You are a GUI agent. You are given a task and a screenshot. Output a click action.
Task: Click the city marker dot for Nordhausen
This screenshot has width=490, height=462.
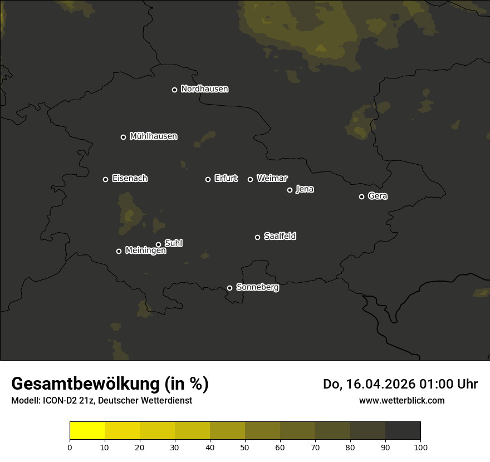click(x=174, y=90)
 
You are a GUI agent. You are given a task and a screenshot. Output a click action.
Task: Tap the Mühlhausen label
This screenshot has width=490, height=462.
click(x=153, y=136)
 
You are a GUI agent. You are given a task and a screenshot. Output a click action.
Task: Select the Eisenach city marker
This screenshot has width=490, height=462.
click(x=105, y=179)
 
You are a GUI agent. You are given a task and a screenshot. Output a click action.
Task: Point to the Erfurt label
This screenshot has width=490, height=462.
click(x=226, y=179)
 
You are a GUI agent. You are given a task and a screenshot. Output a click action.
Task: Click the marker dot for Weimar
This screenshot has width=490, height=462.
click(x=250, y=179)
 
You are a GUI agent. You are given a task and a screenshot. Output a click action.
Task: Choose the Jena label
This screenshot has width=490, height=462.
click(x=305, y=189)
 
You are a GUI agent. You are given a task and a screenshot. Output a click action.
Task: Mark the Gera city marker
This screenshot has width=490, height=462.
click(x=361, y=196)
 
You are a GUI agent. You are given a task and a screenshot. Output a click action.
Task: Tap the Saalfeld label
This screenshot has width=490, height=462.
click(x=280, y=237)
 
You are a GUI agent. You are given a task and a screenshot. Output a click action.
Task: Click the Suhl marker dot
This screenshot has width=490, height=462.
click(x=158, y=244)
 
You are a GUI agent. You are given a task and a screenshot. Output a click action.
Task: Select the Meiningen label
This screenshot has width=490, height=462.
click(x=145, y=251)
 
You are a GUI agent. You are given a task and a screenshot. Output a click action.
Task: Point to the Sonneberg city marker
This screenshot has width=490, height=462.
click(x=229, y=288)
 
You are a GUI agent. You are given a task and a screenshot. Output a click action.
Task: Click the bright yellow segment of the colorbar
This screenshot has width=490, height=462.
click(x=87, y=431)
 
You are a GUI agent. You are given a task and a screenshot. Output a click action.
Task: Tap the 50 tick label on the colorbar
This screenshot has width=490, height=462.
click(x=245, y=446)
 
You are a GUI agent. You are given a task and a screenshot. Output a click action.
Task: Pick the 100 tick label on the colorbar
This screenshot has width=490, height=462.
click(x=420, y=446)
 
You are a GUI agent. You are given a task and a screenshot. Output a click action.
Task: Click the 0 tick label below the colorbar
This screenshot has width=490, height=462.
click(x=70, y=446)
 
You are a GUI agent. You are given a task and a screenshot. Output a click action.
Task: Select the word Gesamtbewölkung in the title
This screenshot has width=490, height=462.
click(x=83, y=384)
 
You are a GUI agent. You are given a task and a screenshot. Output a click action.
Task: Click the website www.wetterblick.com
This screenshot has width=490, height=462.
click(x=401, y=400)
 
